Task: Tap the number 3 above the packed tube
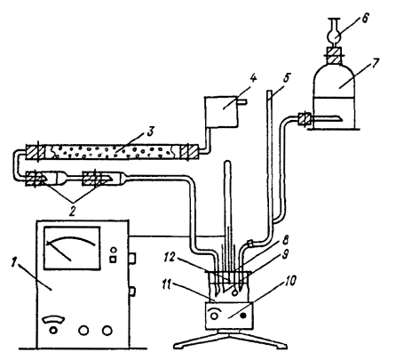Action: [x=150, y=132]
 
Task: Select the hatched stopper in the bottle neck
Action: [x=334, y=55]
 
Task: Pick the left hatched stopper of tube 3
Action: [x=36, y=152]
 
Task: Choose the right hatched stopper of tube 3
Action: [x=189, y=152]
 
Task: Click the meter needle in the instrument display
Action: [x=59, y=252]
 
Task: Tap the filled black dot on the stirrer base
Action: [x=243, y=316]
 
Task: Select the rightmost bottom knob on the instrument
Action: [x=107, y=330]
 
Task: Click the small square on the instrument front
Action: [x=114, y=260]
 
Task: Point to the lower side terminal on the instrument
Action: [x=132, y=292]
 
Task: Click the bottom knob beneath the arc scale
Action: [x=53, y=330]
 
